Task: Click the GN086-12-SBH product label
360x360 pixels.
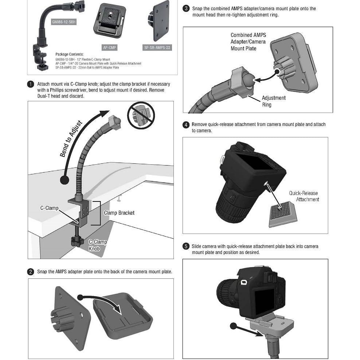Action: [64, 22]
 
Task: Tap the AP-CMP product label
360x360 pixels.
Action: [110, 48]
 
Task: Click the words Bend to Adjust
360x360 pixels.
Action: [71, 138]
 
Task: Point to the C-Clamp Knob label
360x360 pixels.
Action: [98, 245]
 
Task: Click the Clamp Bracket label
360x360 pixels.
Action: [119, 213]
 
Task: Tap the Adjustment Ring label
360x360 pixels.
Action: [274, 101]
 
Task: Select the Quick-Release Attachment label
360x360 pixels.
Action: [304, 196]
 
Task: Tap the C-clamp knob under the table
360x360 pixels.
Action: [77, 240]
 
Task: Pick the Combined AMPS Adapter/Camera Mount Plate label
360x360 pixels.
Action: [249, 42]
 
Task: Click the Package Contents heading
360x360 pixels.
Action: [70, 54]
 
